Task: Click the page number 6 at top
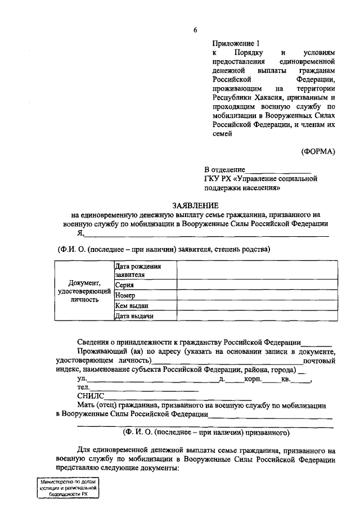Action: pos(195,30)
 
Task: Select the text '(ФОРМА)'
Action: pos(318,151)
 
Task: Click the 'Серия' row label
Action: pos(124,285)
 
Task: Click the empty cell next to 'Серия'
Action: pos(257,285)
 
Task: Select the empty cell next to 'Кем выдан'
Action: pos(257,305)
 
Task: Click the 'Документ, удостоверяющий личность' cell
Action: pos(84,291)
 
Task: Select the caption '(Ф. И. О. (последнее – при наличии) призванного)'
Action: pos(206,433)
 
